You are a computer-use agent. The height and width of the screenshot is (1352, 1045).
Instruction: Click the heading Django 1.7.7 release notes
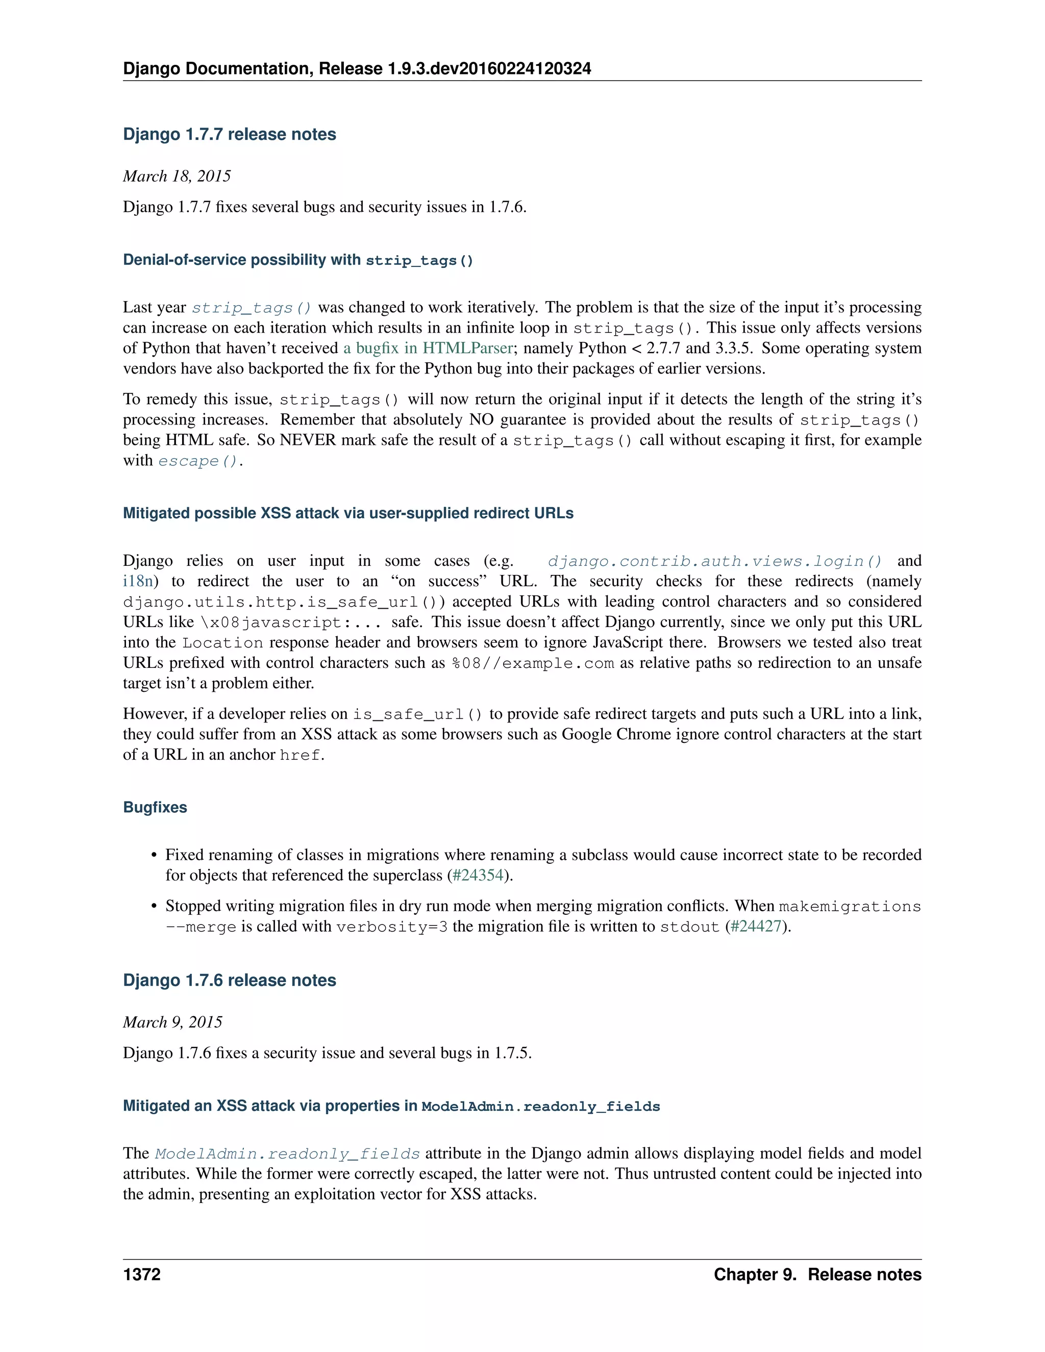point(229,134)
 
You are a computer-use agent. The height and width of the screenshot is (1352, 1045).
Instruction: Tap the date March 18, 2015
point(177,177)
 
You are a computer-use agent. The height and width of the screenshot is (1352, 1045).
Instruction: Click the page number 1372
point(142,1274)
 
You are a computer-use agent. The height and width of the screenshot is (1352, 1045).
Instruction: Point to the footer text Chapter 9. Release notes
point(817,1274)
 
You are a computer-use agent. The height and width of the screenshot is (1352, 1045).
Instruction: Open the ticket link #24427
point(755,927)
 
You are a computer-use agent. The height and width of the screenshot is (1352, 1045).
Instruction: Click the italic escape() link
point(197,461)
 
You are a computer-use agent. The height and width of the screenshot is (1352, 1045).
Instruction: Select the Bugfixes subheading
point(155,807)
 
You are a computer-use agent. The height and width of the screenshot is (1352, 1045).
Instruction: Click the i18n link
point(137,581)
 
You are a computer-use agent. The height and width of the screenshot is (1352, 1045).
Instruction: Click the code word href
point(300,755)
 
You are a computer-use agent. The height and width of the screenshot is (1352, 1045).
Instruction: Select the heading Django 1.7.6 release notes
point(229,981)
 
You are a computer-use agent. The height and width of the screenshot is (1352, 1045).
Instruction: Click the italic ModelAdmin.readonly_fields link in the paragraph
point(287,1154)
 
